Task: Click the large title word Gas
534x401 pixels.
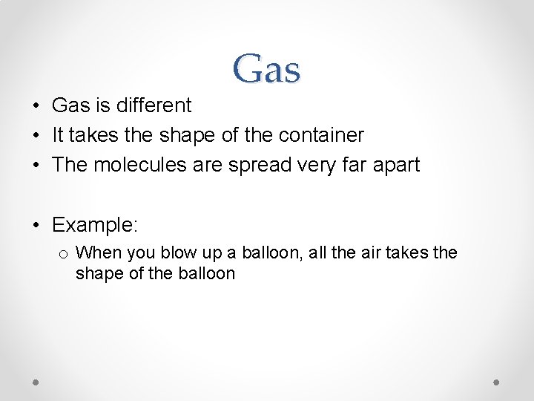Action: click(x=266, y=69)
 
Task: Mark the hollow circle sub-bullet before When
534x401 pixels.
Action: click(x=64, y=254)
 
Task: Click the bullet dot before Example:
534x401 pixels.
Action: click(x=36, y=225)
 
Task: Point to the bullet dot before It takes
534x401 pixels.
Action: click(x=36, y=136)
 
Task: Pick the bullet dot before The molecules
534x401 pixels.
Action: click(x=36, y=165)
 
